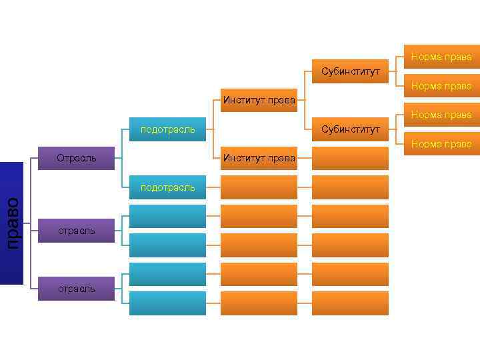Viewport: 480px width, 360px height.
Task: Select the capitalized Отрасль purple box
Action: coord(77,158)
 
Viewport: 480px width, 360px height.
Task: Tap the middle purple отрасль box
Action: coord(77,230)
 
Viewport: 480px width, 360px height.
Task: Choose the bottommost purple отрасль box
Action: coord(77,289)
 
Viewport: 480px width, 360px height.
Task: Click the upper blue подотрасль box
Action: coord(167,129)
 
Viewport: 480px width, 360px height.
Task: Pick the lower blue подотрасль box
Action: coord(167,187)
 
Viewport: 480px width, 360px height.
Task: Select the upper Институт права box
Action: coord(259,101)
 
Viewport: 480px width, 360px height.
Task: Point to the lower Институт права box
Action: coord(259,158)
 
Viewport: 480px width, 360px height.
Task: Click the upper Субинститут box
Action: coord(350,71)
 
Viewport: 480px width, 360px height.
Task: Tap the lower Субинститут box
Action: coord(350,129)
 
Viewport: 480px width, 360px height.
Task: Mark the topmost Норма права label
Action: coord(441,57)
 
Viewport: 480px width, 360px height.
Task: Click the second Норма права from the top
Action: coord(441,86)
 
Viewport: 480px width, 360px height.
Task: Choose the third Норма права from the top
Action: coord(441,115)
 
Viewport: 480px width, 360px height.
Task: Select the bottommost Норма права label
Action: coord(441,143)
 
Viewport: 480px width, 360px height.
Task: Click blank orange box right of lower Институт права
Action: coord(350,158)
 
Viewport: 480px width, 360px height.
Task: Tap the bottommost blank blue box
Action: coord(167,303)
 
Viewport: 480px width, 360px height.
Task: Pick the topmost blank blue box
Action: coord(167,216)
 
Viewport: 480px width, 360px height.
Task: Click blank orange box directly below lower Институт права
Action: coord(259,187)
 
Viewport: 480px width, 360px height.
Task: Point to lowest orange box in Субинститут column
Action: coord(350,303)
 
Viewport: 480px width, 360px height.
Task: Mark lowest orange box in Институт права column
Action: coord(259,303)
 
